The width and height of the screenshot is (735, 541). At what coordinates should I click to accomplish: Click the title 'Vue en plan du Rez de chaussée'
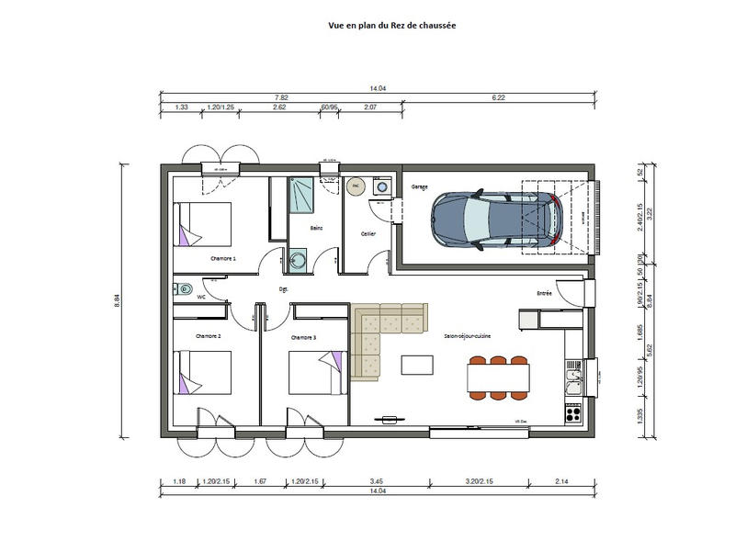391,27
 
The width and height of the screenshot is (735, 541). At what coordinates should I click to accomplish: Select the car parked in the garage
497,219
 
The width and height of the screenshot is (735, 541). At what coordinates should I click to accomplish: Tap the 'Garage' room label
420,186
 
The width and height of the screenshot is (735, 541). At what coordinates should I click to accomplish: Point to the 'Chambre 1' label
223,259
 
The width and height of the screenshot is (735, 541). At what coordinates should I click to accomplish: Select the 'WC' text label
201,297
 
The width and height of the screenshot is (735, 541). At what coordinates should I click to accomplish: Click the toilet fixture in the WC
182,287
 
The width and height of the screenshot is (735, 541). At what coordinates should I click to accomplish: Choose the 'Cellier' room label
368,233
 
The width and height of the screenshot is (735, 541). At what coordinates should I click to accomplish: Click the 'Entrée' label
545,293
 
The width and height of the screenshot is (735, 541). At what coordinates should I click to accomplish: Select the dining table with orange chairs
498,378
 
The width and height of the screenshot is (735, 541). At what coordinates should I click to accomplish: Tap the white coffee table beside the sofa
418,365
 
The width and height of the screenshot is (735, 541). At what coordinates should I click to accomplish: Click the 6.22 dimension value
499,97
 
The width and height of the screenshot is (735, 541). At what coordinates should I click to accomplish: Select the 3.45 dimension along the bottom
377,481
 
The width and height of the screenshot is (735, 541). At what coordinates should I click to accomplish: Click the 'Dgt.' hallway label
284,288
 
